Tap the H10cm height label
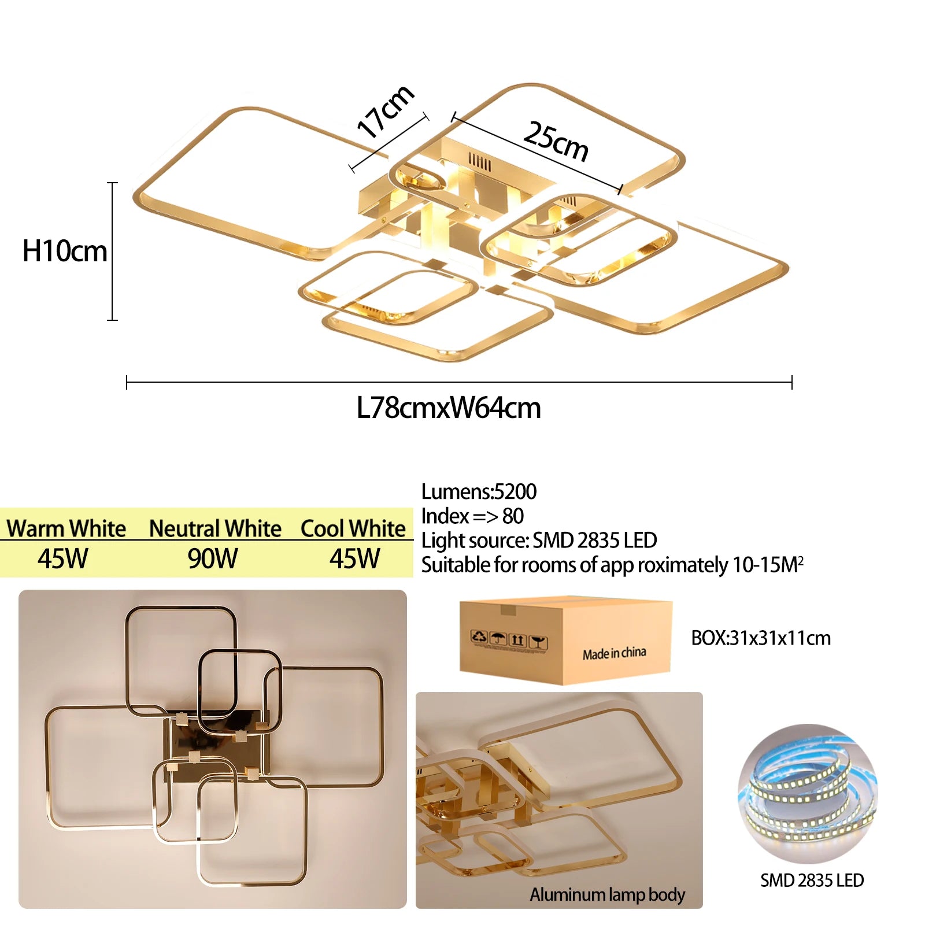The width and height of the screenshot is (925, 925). [65, 251]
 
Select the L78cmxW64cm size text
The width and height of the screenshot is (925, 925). [449, 408]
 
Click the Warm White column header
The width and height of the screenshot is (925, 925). [66, 528]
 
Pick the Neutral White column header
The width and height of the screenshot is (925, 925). [215, 528]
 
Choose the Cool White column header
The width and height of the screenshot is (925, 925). [353, 528]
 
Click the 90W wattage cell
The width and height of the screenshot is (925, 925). [213, 559]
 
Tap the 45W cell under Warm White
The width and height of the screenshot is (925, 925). [63, 559]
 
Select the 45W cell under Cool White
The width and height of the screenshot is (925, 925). [355, 559]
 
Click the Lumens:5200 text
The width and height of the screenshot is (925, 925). [479, 491]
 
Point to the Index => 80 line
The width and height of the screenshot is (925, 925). [472, 516]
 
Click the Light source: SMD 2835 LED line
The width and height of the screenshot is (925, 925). [539, 541]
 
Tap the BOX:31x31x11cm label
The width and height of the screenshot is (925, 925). [761, 638]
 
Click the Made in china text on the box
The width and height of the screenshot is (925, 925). [614, 653]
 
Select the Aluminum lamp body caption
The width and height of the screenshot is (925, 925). [607, 895]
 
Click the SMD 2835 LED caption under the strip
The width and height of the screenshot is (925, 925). [812, 880]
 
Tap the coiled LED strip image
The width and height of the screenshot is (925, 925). [808, 793]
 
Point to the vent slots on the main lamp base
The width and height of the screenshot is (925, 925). [480, 162]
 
